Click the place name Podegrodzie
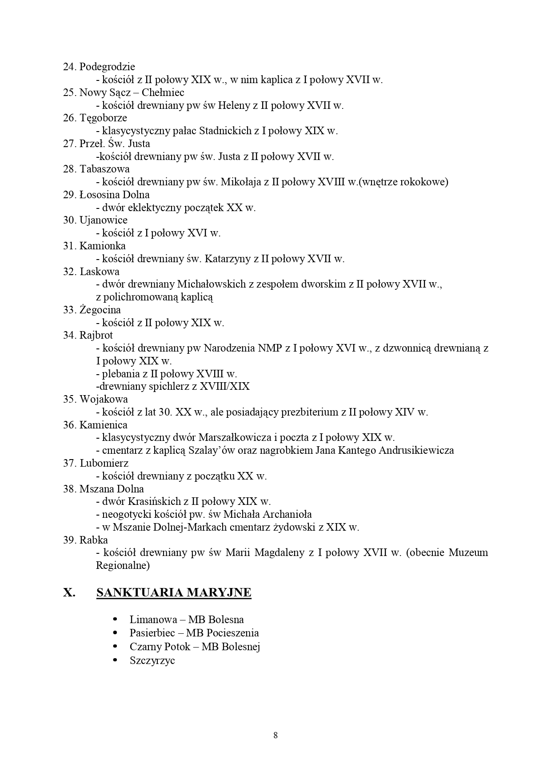click(x=107, y=67)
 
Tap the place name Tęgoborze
click(x=103, y=118)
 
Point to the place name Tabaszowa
click(x=104, y=169)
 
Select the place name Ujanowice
click(x=103, y=220)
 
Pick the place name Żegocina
click(x=100, y=310)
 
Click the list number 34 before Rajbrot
click(x=69, y=336)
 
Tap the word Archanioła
click(x=287, y=515)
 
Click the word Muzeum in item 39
click(x=468, y=553)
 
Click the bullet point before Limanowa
click(x=116, y=619)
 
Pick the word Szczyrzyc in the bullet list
click(x=152, y=660)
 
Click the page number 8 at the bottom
click(x=275, y=736)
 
